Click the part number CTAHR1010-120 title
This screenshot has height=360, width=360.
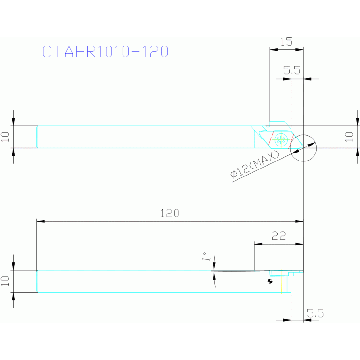[105, 51]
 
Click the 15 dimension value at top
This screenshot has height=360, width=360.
[286, 42]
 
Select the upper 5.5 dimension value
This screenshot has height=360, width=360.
[292, 70]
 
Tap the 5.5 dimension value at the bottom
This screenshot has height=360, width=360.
[315, 313]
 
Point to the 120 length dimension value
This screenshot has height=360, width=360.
[169, 213]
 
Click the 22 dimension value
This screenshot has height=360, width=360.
[279, 236]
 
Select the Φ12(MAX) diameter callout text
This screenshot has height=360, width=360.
[255, 164]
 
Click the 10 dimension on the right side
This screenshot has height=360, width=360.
[349, 137]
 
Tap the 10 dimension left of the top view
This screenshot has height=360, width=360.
[5, 137]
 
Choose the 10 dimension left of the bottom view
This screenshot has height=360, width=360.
[5, 281]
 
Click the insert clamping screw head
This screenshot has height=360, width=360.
[281, 139]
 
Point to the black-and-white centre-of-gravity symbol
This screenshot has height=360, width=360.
[270, 281]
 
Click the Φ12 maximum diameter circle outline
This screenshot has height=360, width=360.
[290, 148]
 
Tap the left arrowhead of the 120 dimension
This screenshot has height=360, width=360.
[40, 222]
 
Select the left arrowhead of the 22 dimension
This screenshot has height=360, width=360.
[258, 244]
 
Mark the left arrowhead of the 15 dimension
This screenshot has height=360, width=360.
[274, 49]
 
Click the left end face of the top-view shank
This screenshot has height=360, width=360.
[37, 137]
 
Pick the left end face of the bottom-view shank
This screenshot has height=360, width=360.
[37, 282]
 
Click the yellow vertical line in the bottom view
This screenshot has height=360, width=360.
[281, 282]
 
